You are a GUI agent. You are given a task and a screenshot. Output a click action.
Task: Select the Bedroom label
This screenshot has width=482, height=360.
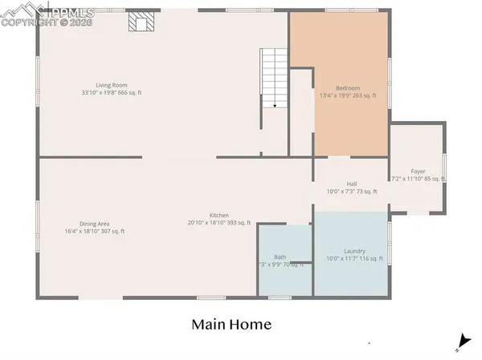tap(348, 88)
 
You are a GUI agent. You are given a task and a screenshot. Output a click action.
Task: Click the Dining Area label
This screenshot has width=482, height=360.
tap(94, 224)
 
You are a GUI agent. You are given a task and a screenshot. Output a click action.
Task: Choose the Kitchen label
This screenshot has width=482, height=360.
tap(219, 216)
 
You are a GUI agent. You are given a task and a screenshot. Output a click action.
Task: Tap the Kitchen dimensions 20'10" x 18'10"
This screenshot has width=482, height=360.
tap(208, 223)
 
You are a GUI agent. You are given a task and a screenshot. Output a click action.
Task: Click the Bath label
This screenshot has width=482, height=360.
tap(280, 257)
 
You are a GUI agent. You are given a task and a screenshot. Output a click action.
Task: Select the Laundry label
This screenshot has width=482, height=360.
tap(354, 251)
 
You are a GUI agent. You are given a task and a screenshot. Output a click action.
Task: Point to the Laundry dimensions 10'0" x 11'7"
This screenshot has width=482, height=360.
tap(343, 258)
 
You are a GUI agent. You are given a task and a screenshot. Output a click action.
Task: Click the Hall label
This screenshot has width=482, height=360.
tap(352, 184)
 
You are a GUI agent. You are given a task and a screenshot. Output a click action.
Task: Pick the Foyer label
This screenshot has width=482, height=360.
tap(418, 172)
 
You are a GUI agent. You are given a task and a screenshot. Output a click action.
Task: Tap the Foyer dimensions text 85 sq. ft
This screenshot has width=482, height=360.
tap(431, 179)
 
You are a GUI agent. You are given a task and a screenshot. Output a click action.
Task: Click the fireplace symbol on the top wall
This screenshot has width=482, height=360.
tap(141, 22)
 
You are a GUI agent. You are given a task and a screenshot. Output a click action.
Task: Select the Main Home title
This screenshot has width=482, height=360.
tap(231, 325)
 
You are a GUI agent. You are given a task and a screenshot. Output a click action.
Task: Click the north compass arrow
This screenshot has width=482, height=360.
tap(460, 342)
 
